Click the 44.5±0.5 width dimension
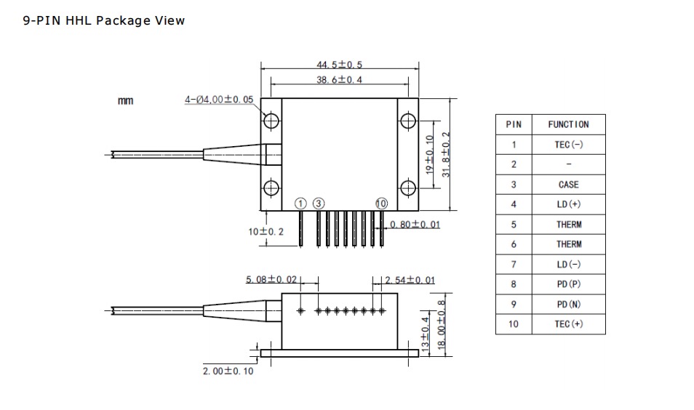339,65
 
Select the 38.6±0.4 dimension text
339,80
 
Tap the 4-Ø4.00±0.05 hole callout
219,100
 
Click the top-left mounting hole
271,120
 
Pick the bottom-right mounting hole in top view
408,188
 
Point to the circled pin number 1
300,204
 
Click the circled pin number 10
381,204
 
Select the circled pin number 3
319,204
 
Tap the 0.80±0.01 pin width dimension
415,225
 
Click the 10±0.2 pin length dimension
266,231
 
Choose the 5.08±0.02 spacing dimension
271,280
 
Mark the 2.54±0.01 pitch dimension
410,280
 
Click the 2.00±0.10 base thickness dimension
228,371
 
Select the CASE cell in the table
568,185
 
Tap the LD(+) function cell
568,204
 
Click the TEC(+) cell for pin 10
568,324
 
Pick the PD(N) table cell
568,305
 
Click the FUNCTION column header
568,125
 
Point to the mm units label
125,101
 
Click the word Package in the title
123,21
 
